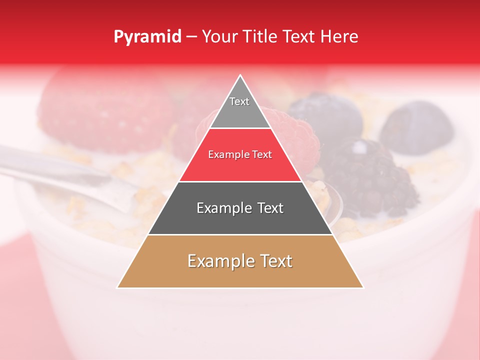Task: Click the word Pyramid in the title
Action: tap(147, 37)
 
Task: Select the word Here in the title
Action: tap(340, 37)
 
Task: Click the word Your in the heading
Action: tap(220, 37)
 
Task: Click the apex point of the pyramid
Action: tap(240, 76)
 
